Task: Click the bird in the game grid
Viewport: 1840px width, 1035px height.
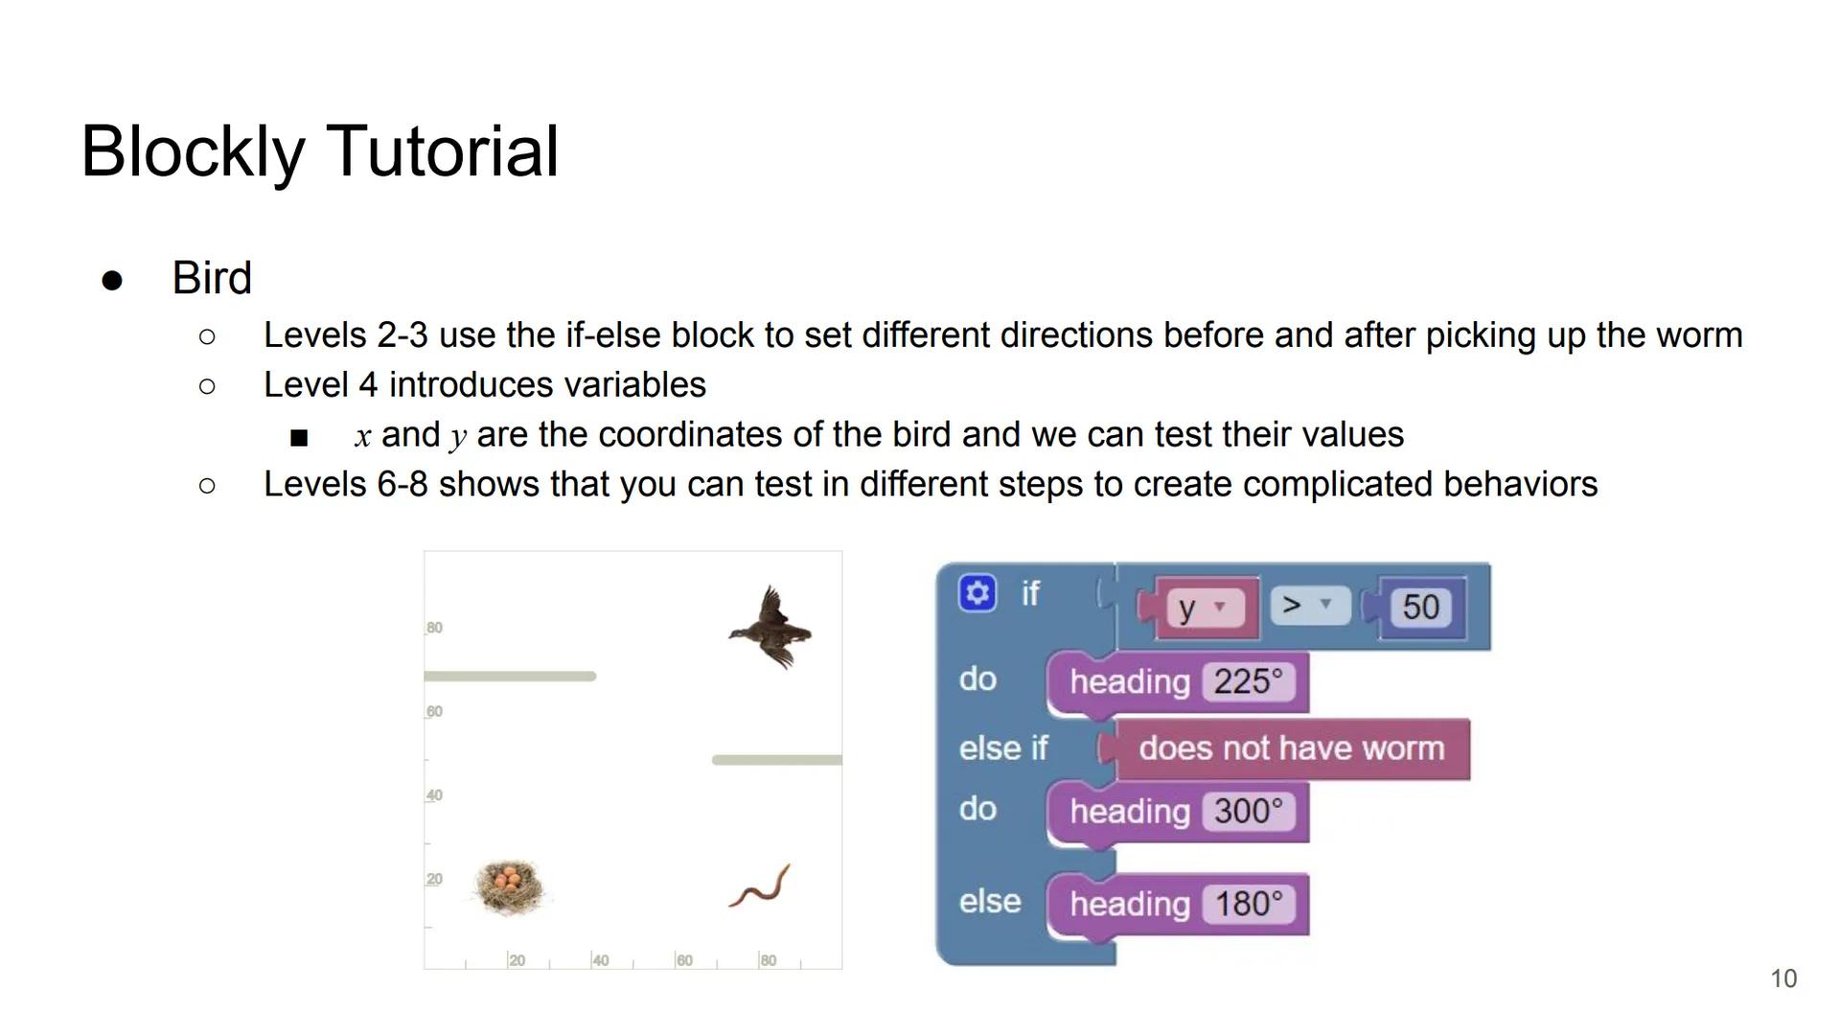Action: (x=770, y=628)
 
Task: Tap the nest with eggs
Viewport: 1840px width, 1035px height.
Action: (x=511, y=886)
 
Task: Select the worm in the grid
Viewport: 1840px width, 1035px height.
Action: (x=760, y=885)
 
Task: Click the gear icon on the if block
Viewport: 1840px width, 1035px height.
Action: (x=977, y=593)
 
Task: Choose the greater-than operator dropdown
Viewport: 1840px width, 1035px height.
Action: (x=1309, y=606)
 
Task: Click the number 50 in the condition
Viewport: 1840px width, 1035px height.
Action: (x=1420, y=607)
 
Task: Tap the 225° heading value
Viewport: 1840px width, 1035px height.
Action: (x=1248, y=681)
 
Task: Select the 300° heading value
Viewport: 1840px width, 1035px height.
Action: (x=1248, y=811)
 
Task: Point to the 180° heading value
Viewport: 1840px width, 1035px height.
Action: (x=1248, y=904)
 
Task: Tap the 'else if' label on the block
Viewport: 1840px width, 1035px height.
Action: (x=1003, y=748)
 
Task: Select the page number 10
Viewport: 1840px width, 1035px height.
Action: (x=1783, y=978)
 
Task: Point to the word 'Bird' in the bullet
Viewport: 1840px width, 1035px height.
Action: (x=212, y=278)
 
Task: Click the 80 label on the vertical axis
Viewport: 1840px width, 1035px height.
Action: (x=434, y=628)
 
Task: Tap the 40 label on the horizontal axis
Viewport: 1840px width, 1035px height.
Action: (x=600, y=960)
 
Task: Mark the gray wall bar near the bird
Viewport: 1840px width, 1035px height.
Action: (x=510, y=677)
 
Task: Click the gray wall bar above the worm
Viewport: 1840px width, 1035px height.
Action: (x=777, y=760)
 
